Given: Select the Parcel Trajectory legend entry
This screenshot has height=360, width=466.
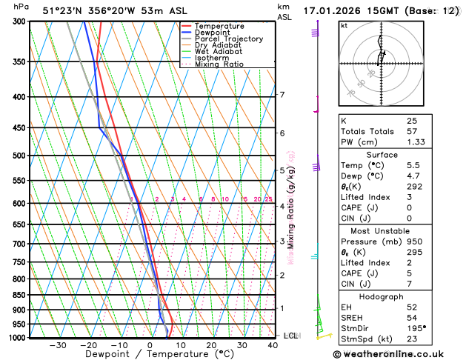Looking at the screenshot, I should [x=228, y=39].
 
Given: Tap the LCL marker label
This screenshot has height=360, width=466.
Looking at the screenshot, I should [x=290, y=336].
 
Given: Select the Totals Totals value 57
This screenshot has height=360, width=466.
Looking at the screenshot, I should [x=411, y=131].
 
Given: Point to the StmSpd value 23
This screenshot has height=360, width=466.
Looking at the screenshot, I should [x=411, y=339].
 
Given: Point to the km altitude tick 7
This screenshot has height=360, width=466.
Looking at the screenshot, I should [x=282, y=95].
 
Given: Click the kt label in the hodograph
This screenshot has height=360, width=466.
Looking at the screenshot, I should [x=344, y=25].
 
